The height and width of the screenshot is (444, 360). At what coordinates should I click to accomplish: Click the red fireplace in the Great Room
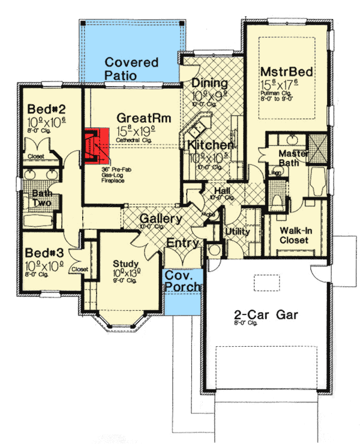97,146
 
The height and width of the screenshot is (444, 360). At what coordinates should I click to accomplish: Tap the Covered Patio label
131,68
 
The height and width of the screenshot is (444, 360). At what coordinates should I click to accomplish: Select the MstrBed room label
287,73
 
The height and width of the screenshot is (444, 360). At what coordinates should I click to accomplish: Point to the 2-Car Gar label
266,314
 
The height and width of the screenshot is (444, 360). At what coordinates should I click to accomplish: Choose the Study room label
126,263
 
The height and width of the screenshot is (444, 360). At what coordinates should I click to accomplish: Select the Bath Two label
42,198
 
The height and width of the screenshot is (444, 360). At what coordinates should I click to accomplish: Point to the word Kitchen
210,146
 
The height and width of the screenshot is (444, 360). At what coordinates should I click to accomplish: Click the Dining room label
209,83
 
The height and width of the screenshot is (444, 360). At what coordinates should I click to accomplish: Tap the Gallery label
161,220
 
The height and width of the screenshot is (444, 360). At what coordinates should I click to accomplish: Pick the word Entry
182,242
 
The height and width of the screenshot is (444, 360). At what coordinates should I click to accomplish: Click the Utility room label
237,232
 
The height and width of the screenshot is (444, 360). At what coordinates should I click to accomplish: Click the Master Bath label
293,158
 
